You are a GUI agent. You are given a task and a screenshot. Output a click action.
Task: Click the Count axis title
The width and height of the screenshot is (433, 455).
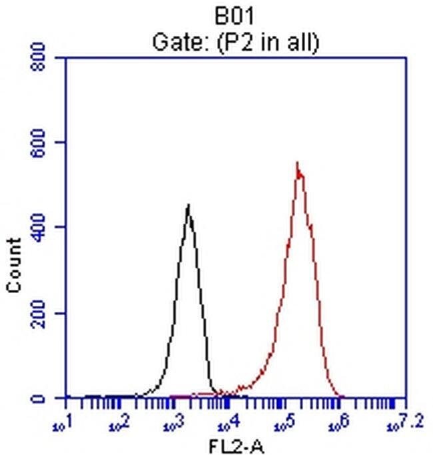click(x=13, y=264)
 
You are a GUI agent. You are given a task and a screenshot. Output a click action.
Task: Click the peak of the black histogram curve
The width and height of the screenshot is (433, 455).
click(x=189, y=206)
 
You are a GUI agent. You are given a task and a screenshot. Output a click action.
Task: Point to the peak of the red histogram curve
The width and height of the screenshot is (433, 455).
click(x=298, y=164)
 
